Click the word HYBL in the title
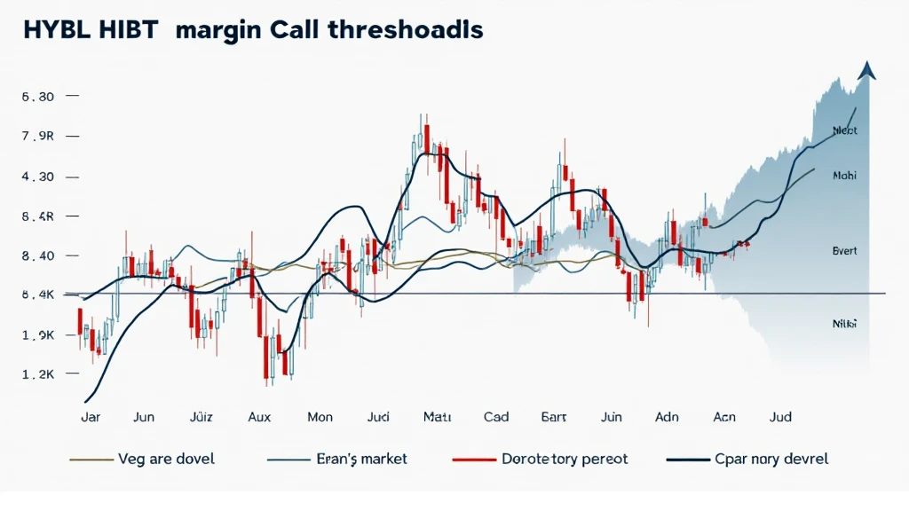(x=51, y=29)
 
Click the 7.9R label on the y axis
(x=38, y=137)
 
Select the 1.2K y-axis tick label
(x=38, y=375)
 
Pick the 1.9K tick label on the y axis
(x=38, y=335)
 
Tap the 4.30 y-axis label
(x=38, y=177)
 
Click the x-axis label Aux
(x=260, y=415)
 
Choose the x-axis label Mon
(x=320, y=415)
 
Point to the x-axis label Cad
(x=495, y=415)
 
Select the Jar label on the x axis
(x=90, y=415)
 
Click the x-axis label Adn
(x=667, y=415)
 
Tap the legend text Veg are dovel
(x=166, y=460)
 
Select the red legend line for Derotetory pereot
(x=471, y=460)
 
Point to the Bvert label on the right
(x=844, y=251)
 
